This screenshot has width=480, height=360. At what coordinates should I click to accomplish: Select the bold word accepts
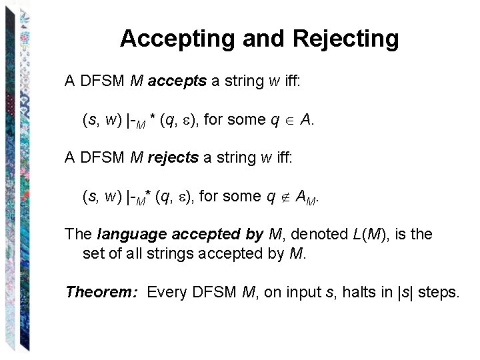coord(177,81)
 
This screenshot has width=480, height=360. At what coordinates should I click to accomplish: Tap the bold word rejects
coord(173,158)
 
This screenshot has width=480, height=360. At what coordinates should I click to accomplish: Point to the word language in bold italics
coord(131,235)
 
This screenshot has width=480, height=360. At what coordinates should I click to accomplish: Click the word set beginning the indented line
coord(93,253)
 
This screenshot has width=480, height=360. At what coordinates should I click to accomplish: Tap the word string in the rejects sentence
coord(234,158)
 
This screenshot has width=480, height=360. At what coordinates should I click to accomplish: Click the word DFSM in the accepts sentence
coord(102,81)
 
